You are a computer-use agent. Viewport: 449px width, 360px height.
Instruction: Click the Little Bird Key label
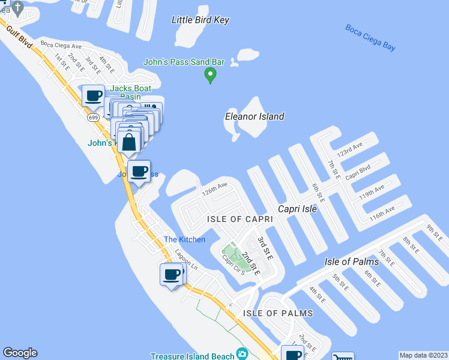point(200,20)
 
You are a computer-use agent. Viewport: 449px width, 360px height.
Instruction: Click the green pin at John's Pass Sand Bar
point(210,75)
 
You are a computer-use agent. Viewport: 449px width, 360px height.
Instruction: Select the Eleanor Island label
point(255,116)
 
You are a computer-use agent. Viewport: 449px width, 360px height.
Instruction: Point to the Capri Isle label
point(297,209)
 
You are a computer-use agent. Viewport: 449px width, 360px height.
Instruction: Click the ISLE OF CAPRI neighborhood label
point(240,219)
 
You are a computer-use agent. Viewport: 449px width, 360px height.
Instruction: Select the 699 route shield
point(92,118)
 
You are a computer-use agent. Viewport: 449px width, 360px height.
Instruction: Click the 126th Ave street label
point(214,190)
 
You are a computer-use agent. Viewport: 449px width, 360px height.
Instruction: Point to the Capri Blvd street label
point(357,172)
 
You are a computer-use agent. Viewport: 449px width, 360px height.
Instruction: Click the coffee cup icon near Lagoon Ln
point(172,274)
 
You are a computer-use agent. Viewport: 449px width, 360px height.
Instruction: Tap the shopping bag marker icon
point(129,143)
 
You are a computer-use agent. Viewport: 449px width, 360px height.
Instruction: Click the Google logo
point(20,353)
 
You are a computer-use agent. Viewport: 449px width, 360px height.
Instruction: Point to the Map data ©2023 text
point(424,355)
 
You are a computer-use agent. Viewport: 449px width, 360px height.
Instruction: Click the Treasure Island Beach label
point(192,356)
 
